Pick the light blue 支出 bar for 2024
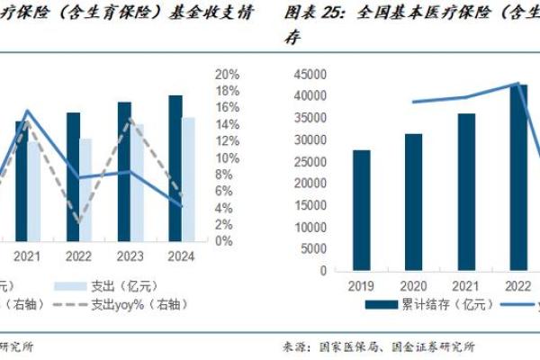pyautogui.click(x=187, y=179)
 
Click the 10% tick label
pyautogui.click(x=228, y=158)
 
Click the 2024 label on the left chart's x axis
pyautogui.click(x=182, y=256)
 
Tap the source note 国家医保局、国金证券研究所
pyautogui.click(x=396, y=346)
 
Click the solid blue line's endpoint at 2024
pyautogui.click(x=182, y=205)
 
